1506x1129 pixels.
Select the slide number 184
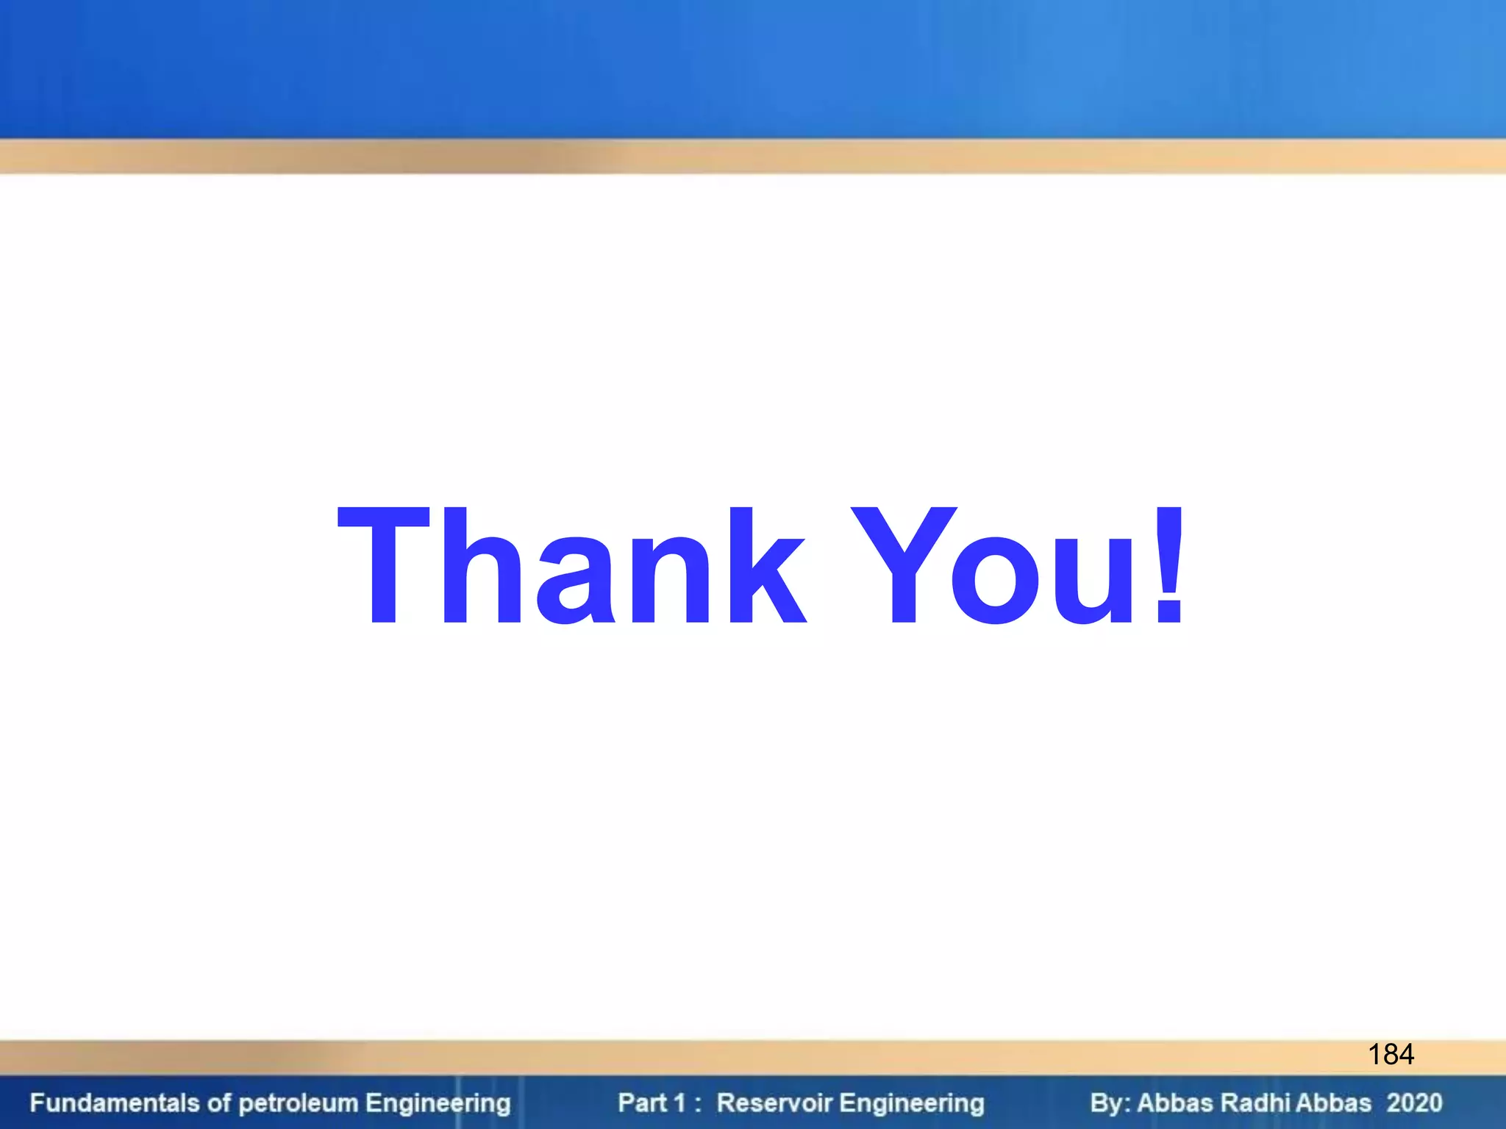(1391, 1055)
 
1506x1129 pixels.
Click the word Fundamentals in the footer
(115, 1103)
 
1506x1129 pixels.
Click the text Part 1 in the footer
(652, 1103)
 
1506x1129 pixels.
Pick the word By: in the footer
(1110, 1103)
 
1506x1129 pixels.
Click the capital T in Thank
(382, 566)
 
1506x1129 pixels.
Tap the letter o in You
(996, 581)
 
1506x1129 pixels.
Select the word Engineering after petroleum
(438, 1103)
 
